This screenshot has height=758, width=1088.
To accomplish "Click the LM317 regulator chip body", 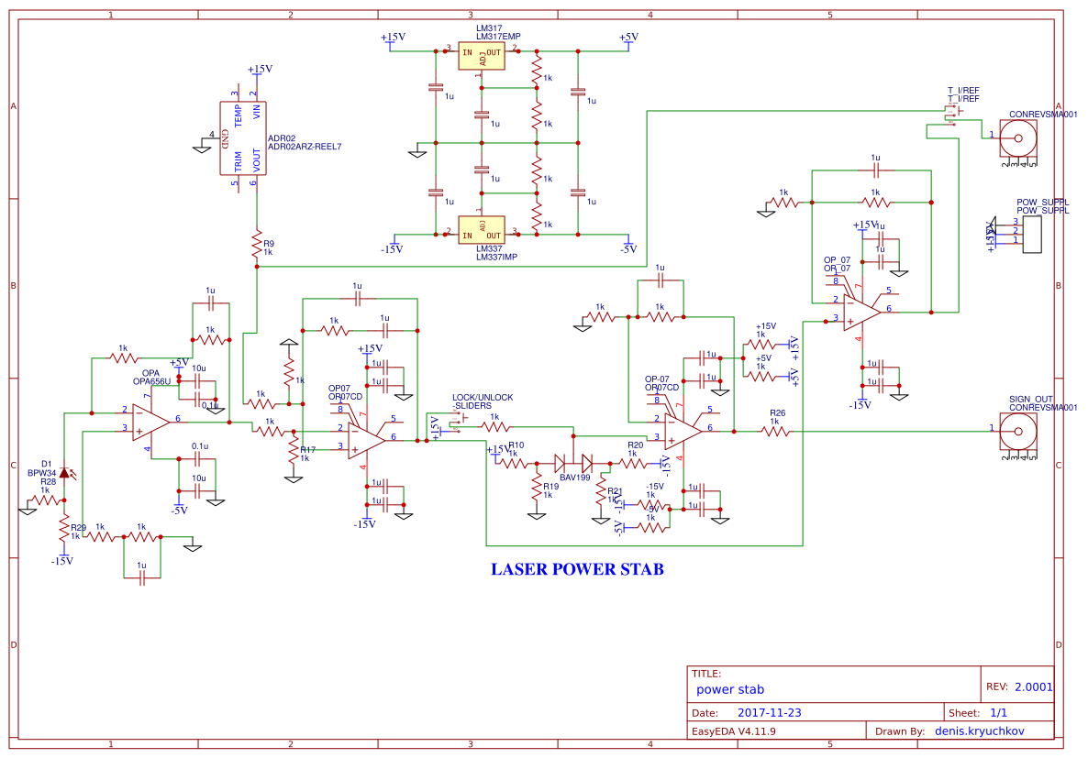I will coord(482,54).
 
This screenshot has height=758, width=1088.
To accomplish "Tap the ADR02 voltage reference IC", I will coord(242,137).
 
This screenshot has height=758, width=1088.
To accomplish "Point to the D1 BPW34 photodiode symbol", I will coord(64,473).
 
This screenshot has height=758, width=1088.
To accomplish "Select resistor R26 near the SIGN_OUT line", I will coord(775,431).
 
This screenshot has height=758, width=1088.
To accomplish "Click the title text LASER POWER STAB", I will coord(577,569).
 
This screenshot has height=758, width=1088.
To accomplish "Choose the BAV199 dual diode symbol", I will coord(573,464).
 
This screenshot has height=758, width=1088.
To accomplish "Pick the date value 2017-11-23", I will coord(769,712).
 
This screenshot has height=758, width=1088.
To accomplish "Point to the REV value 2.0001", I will coord(1034,687).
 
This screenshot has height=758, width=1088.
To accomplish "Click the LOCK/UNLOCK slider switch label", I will coord(483,401).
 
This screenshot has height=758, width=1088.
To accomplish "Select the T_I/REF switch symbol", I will coord(952,115).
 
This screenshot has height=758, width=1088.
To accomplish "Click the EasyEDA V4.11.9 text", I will coord(733,731).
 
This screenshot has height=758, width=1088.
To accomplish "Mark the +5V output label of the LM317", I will coord(627,38).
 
